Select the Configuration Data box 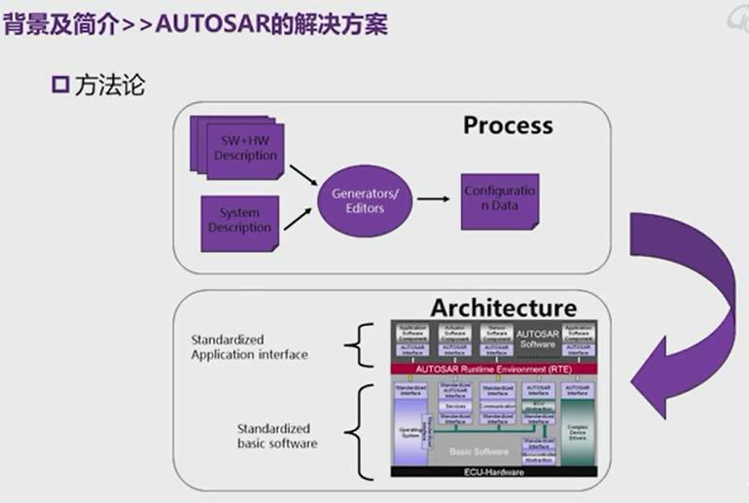499,198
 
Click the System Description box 239,221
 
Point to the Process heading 507,126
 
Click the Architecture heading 503,307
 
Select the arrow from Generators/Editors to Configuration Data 433,199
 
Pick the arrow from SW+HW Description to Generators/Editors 302,176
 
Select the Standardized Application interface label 249,347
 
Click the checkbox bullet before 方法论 58,86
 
